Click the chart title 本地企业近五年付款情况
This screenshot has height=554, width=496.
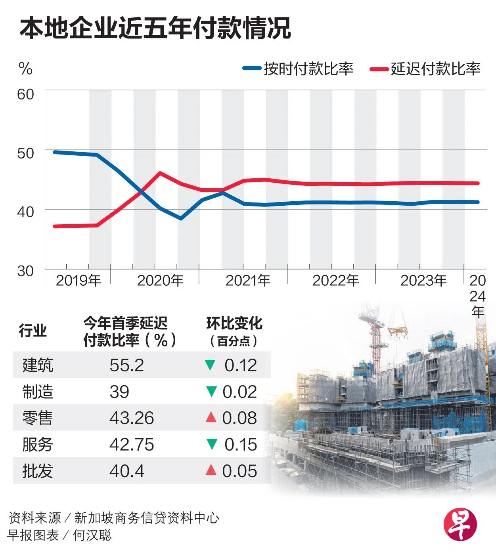[x=155, y=29]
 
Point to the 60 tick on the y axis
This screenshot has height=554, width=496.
[x=26, y=94]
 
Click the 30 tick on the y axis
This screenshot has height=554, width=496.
[x=26, y=271]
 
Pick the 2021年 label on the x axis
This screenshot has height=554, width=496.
[x=248, y=281]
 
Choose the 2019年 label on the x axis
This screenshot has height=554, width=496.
[x=78, y=281]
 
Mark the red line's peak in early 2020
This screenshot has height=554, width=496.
[x=159, y=173]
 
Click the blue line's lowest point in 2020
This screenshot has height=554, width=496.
[x=181, y=218]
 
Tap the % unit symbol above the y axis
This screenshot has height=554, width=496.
[x=25, y=69]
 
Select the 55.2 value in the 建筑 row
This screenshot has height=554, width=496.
[x=126, y=365]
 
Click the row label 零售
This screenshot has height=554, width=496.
[x=37, y=418]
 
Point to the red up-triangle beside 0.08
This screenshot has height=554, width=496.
[x=211, y=417]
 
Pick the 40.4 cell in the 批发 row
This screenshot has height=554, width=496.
[x=126, y=471]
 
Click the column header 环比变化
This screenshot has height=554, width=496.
[x=234, y=324]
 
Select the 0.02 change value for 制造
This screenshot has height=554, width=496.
[x=239, y=392]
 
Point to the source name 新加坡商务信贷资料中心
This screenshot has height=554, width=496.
[x=147, y=518]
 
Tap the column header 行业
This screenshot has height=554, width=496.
[x=33, y=330]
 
